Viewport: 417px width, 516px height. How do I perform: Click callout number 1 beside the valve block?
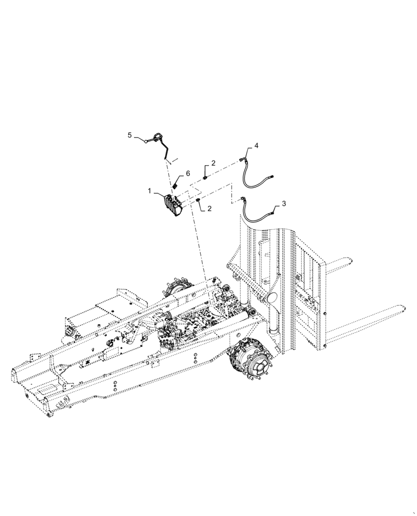(x=150, y=190)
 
